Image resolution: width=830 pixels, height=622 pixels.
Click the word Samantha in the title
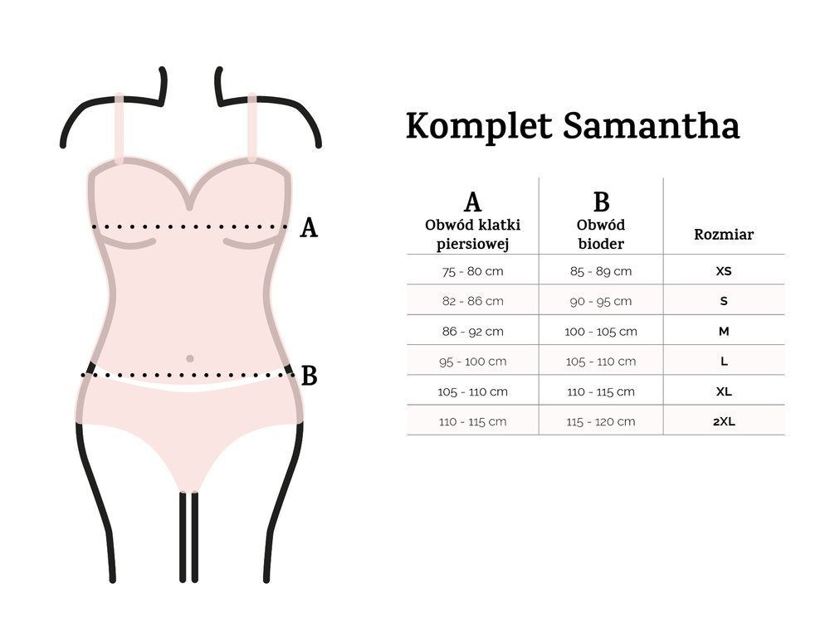click(651, 126)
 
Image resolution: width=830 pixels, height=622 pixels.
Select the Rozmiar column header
click(724, 235)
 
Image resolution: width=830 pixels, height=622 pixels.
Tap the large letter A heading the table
click(473, 202)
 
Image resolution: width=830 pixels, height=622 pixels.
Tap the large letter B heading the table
click(601, 202)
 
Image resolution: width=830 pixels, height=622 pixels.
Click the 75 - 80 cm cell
click(473, 271)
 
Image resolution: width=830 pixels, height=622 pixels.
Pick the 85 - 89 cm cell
click(601, 271)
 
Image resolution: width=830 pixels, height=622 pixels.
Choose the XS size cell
click(724, 271)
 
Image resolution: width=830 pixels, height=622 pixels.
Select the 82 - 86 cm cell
click(473, 302)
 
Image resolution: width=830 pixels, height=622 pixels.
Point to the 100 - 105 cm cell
click(601, 332)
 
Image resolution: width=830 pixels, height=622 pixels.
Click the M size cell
click(724, 332)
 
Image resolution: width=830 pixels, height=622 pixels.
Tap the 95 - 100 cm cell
click(473, 362)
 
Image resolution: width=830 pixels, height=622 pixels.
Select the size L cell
click(724, 362)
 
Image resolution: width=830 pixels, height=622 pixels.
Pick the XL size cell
click(724, 392)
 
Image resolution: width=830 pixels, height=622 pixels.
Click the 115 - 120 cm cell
click(601, 422)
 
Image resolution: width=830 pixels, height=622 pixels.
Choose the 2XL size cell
click(724, 422)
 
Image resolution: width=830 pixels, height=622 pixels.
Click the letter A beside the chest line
click(309, 228)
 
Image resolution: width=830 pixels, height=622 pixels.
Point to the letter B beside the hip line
click(309, 376)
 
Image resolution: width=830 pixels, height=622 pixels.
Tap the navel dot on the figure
click(190, 358)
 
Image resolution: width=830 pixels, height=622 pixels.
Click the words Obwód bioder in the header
click(601, 235)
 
